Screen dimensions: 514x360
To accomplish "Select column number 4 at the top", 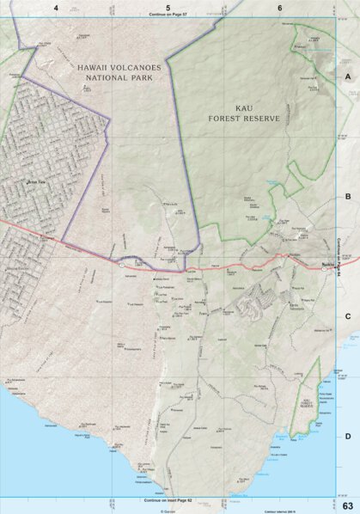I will pos(56,8).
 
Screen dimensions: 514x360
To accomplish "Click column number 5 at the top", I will pos(168,8).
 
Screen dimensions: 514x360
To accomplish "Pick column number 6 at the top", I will pos(280,8).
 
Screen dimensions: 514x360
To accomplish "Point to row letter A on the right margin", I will pos(348,76).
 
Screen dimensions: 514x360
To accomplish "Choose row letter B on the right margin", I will pos(348,196).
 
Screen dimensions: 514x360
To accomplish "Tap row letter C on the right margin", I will pos(348,316).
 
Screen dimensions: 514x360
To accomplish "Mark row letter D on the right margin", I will pos(348,436).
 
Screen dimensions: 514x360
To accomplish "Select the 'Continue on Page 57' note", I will pos(168,15).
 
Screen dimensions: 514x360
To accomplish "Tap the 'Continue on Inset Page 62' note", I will pos(168,499).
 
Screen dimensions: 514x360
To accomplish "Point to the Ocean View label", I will pos(34,181).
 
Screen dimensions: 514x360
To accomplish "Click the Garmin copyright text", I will pos(168,507).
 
